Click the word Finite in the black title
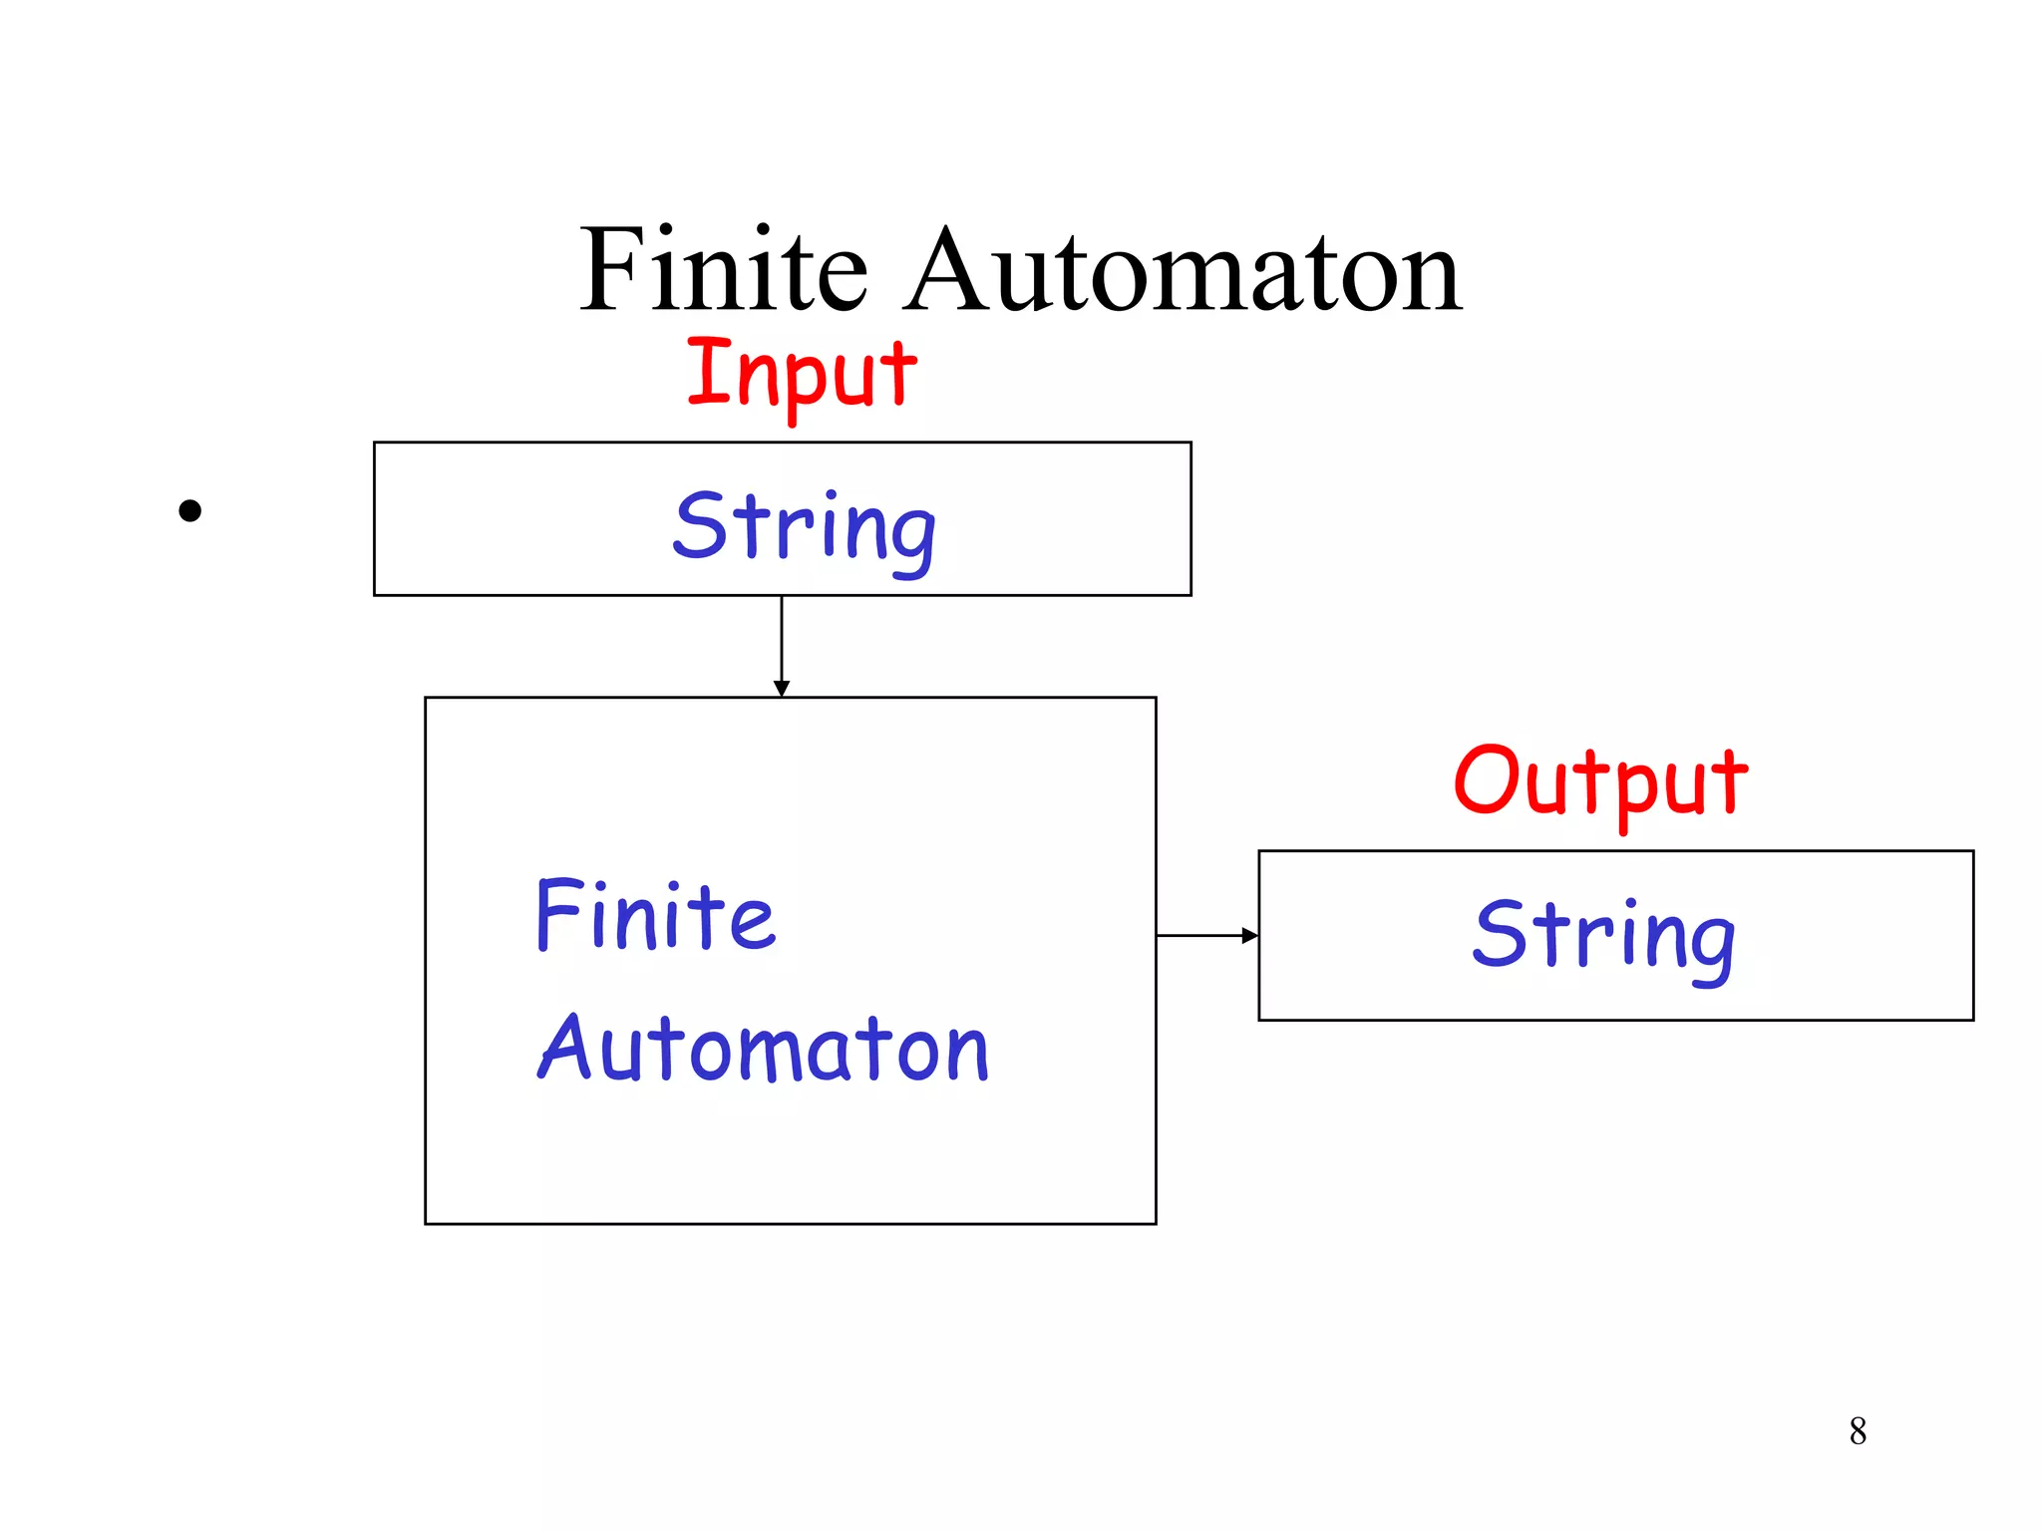[724, 271]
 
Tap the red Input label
[802, 375]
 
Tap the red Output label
[1600, 782]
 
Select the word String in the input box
[804, 528]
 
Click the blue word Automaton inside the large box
[763, 1049]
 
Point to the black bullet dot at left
[189, 511]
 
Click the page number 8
[1858, 1431]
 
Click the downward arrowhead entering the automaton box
[782, 689]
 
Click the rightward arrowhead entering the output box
[1249, 935]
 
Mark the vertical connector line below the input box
[782, 638]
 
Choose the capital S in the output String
[1501, 933]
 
